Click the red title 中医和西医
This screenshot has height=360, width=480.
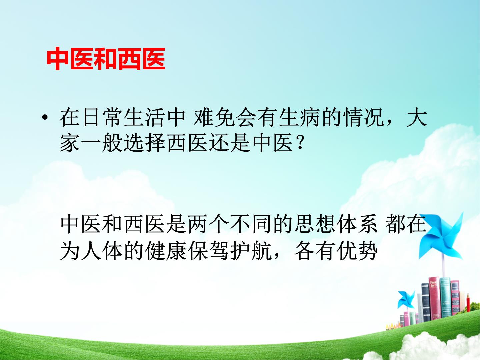point(106,59)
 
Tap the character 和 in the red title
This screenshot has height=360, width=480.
point(106,59)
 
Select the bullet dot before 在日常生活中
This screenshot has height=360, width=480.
point(45,118)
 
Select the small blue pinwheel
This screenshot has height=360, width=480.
point(406,299)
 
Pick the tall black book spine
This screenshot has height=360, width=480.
point(426,303)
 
